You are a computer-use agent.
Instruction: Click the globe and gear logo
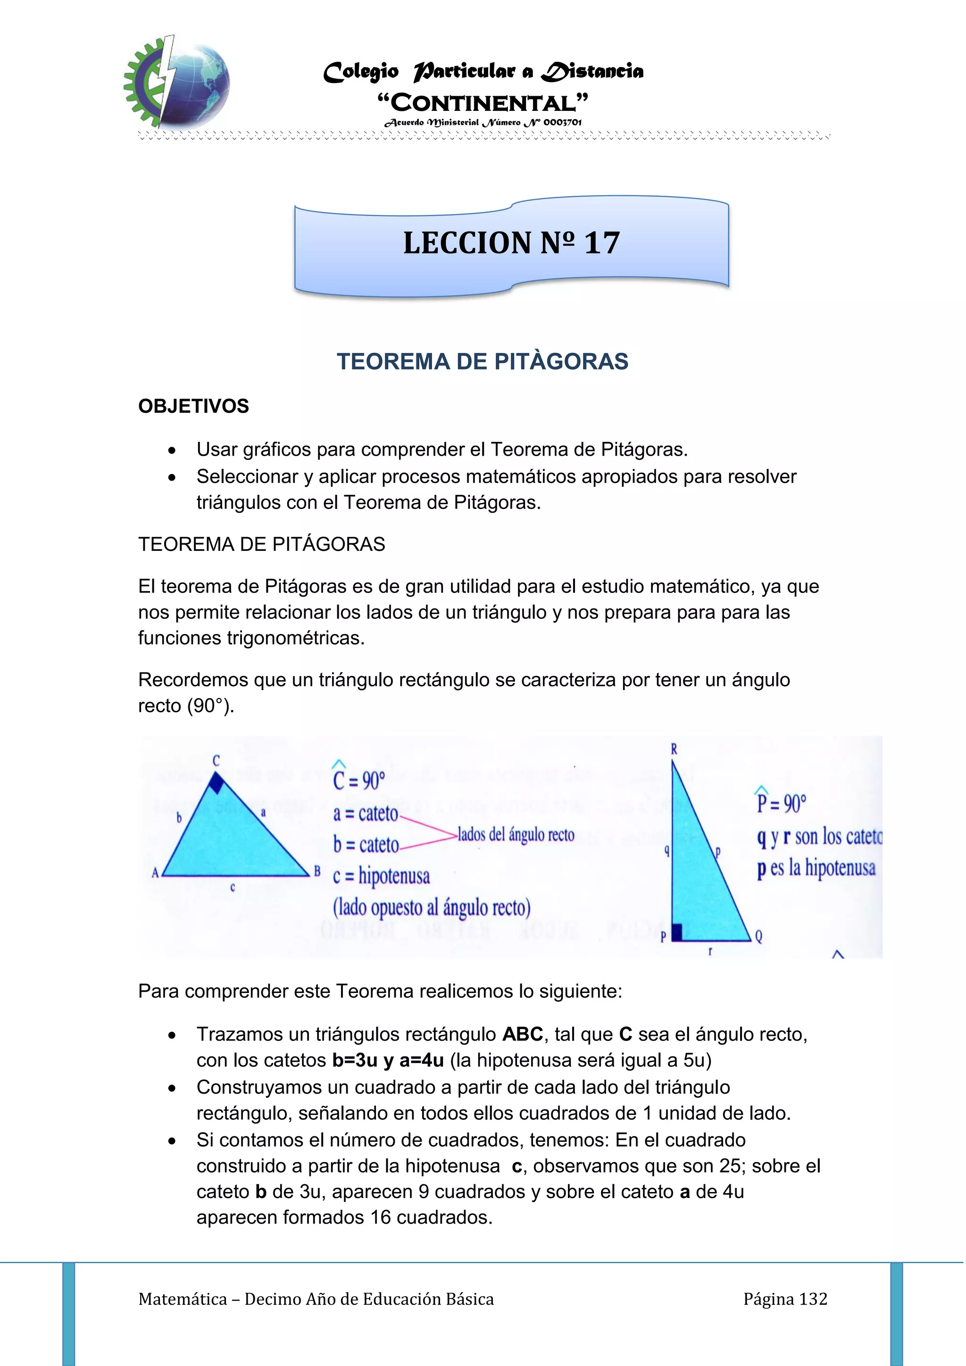tap(177, 82)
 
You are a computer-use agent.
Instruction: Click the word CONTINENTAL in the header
tap(483, 103)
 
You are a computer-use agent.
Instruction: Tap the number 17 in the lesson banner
tap(601, 243)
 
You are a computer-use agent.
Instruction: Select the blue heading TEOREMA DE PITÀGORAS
tap(483, 362)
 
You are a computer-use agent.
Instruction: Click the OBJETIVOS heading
tap(193, 406)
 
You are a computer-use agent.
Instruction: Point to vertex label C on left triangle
tap(216, 760)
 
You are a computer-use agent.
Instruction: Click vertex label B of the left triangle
tap(317, 872)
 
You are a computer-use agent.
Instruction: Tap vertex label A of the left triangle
tap(155, 873)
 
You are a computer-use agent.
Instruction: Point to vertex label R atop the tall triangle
tap(674, 749)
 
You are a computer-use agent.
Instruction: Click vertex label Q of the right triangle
tap(758, 936)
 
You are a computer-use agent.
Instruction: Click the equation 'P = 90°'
tap(781, 803)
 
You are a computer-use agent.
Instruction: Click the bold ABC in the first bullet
tap(522, 1034)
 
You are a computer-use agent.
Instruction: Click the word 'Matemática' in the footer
tap(183, 1299)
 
